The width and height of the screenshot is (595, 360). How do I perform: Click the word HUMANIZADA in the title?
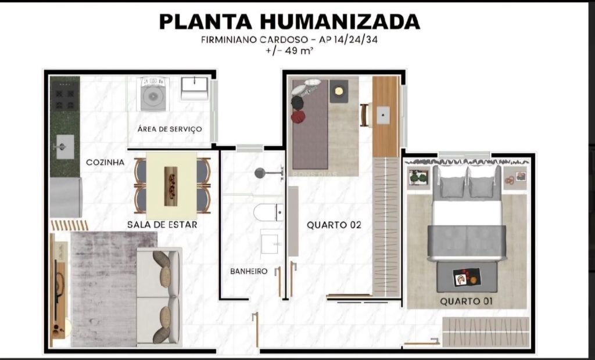339,21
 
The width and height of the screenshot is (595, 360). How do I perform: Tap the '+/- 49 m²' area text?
290,51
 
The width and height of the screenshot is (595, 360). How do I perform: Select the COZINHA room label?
105,163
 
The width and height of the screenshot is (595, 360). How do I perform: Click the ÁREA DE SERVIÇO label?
170,129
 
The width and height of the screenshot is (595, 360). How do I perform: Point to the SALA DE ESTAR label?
162,225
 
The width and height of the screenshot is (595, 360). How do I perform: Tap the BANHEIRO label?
249,271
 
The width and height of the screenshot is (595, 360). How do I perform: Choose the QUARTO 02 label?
334,225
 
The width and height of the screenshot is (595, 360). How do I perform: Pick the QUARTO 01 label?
467,301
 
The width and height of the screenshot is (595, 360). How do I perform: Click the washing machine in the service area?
153,93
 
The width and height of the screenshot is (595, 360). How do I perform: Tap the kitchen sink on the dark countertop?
65,146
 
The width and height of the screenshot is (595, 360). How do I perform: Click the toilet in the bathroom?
268,213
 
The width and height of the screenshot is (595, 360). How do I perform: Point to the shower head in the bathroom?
260,173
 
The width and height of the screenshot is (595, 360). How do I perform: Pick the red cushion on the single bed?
298,117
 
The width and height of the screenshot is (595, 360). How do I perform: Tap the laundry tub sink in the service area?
194,88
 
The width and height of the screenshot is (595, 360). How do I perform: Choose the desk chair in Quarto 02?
364,114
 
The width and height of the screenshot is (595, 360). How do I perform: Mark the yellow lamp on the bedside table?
339,91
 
